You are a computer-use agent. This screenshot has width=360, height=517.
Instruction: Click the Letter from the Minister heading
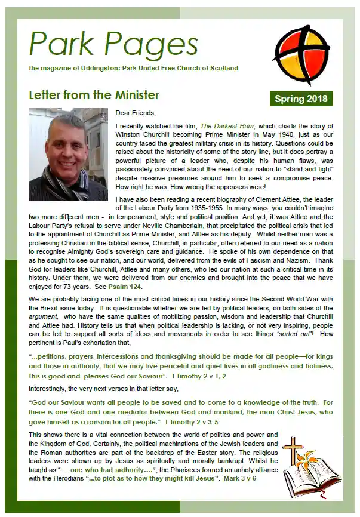click(94, 95)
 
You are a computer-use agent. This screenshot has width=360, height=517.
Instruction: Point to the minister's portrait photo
click(68, 154)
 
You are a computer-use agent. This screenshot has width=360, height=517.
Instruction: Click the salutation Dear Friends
click(136, 113)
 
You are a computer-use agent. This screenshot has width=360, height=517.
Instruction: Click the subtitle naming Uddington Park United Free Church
click(133, 69)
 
